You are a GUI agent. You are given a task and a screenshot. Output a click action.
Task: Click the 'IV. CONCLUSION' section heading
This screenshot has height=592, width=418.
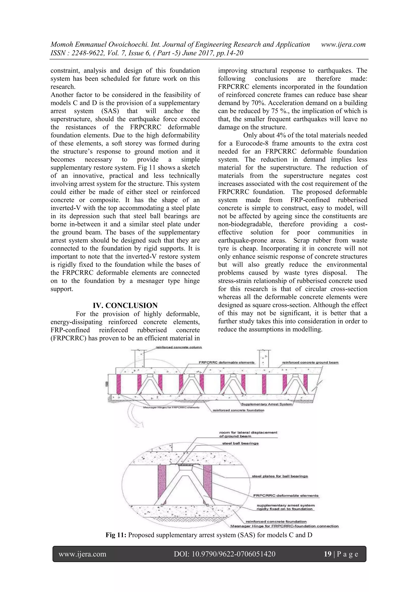pyautogui.click(x=125, y=306)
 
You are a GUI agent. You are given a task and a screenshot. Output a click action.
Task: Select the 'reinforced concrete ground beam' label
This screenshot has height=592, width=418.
pyautogui.click(x=310, y=362)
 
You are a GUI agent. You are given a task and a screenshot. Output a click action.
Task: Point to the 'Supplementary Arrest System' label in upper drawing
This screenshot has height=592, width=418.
pyautogui.click(x=267, y=404)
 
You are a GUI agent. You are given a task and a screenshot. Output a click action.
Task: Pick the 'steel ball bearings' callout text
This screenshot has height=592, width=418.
pyautogui.click(x=240, y=443)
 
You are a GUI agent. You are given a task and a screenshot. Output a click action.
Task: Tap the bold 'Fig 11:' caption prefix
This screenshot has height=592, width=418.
pyautogui.click(x=116, y=535)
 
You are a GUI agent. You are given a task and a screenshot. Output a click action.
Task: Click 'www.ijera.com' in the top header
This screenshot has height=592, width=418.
pyautogui.click(x=343, y=44)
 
